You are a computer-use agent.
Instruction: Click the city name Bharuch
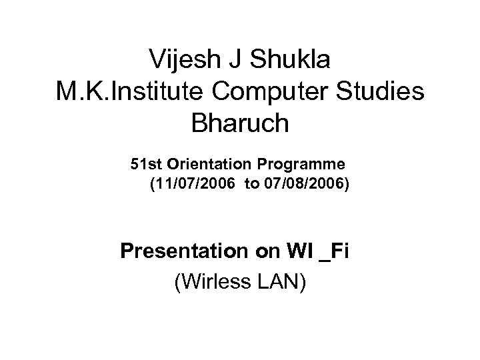click(x=239, y=124)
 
